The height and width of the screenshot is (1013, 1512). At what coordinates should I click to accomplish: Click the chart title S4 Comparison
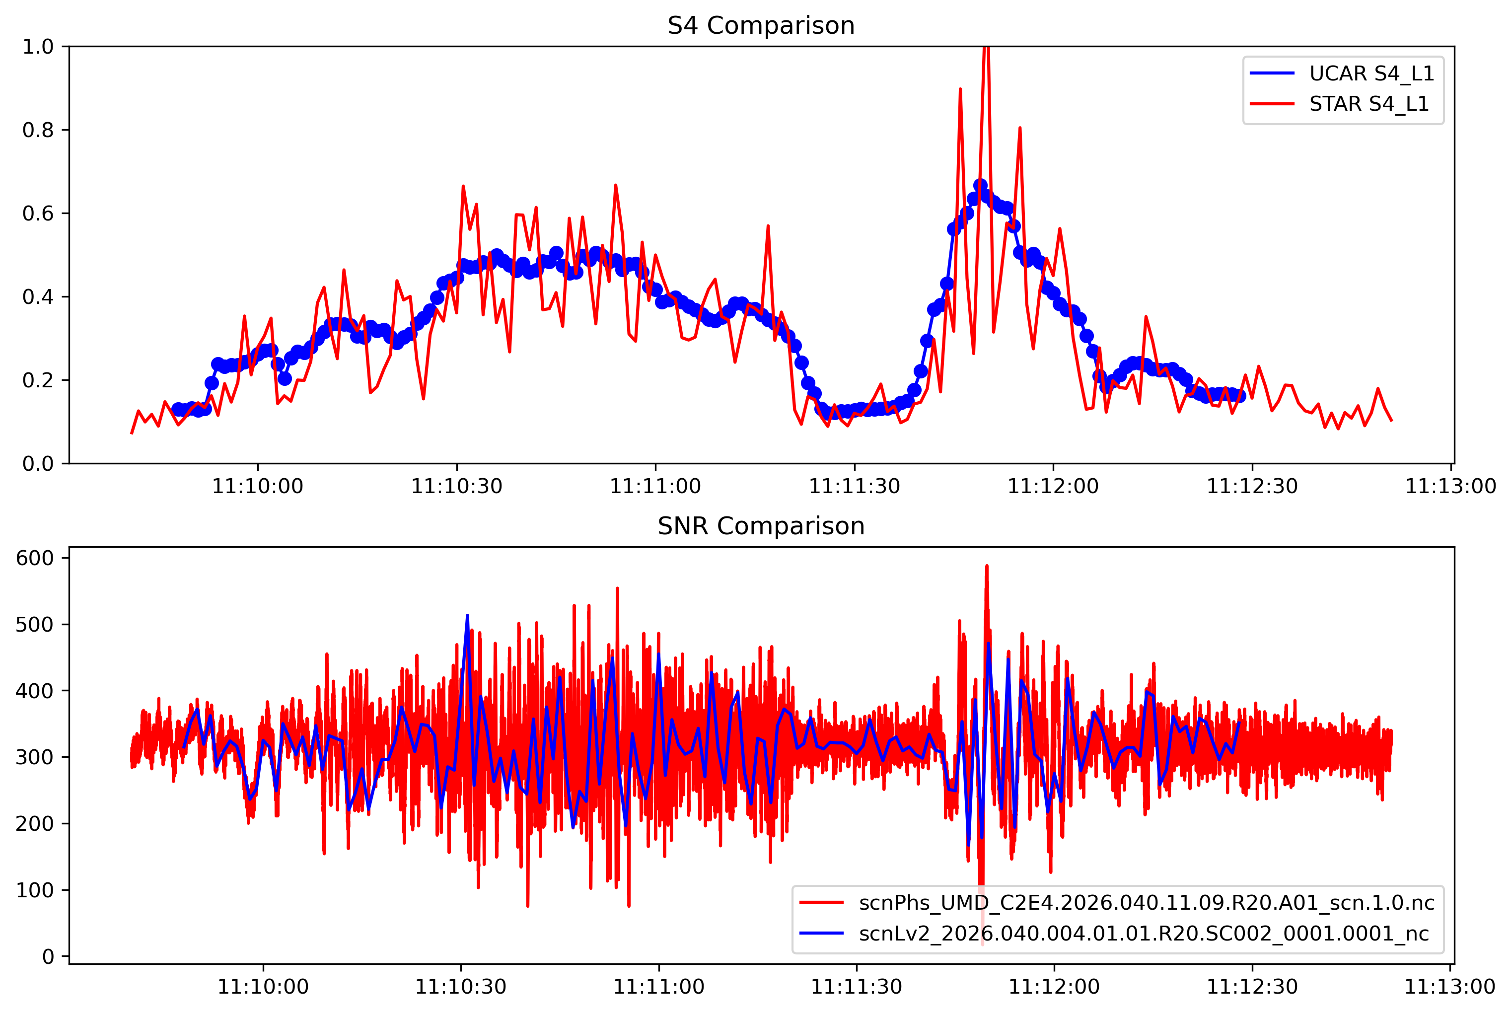pos(761,26)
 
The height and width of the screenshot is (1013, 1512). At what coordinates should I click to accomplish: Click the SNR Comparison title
pos(761,526)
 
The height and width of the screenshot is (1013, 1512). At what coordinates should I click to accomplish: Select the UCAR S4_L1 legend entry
pos(1371,73)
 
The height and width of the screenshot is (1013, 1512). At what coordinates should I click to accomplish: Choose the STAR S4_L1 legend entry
pos(1368,104)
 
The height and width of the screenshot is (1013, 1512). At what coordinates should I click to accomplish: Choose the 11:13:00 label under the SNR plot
pos(1450,987)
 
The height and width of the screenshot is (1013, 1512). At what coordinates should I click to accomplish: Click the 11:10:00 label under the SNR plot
pos(263,987)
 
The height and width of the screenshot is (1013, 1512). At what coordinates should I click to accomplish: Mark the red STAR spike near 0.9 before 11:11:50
pos(960,90)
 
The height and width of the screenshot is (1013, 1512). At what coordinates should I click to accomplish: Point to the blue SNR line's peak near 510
pos(467,616)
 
